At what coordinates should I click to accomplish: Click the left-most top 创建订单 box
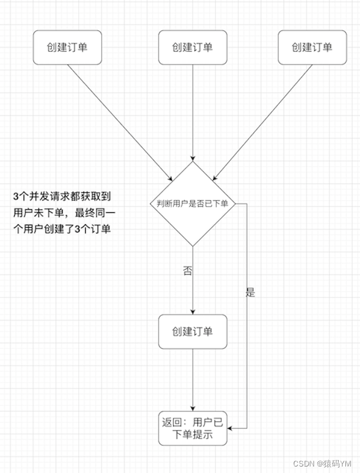(67, 48)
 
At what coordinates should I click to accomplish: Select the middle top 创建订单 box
(193, 48)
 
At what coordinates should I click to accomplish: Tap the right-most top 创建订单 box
(312, 48)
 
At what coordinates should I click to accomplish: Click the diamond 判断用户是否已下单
(193, 203)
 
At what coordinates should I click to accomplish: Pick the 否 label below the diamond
(187, 271)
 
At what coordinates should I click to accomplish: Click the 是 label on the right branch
(250, 291)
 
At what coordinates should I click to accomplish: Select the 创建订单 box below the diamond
(193, 331)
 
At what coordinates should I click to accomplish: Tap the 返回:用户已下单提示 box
(193, 429)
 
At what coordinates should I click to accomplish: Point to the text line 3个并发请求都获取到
(61, 196)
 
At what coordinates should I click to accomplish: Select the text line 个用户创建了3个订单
(61, 229)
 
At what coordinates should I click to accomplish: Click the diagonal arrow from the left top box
(118, 121)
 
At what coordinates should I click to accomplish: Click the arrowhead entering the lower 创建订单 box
(193, 312)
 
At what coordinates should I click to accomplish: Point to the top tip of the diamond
(193, 161)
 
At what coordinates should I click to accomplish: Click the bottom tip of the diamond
(193, 245)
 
